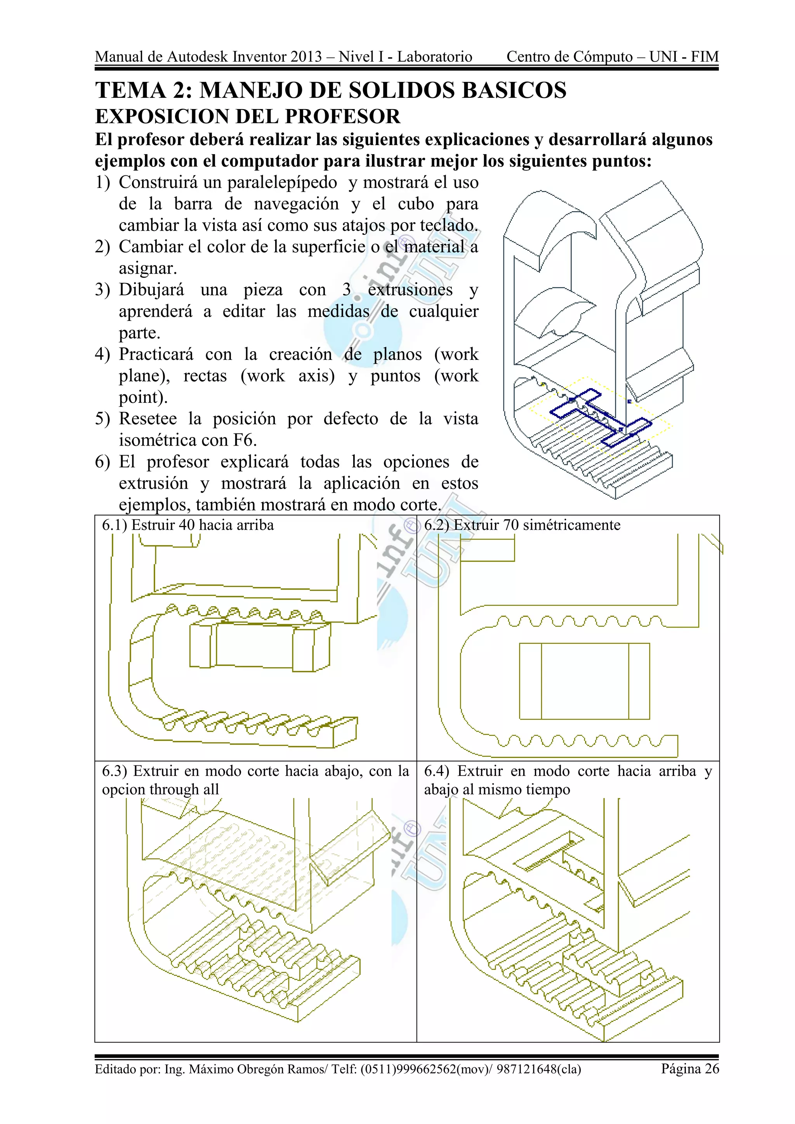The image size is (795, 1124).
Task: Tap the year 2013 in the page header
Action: (x=306, y=57)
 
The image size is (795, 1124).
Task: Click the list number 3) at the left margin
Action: (x=102, y=290)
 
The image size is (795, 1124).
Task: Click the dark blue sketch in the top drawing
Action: (x=600, y=417)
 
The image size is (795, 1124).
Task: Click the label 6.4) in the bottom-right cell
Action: (x=437, y=771)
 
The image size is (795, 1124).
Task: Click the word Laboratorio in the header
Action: (x=434, y=57)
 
